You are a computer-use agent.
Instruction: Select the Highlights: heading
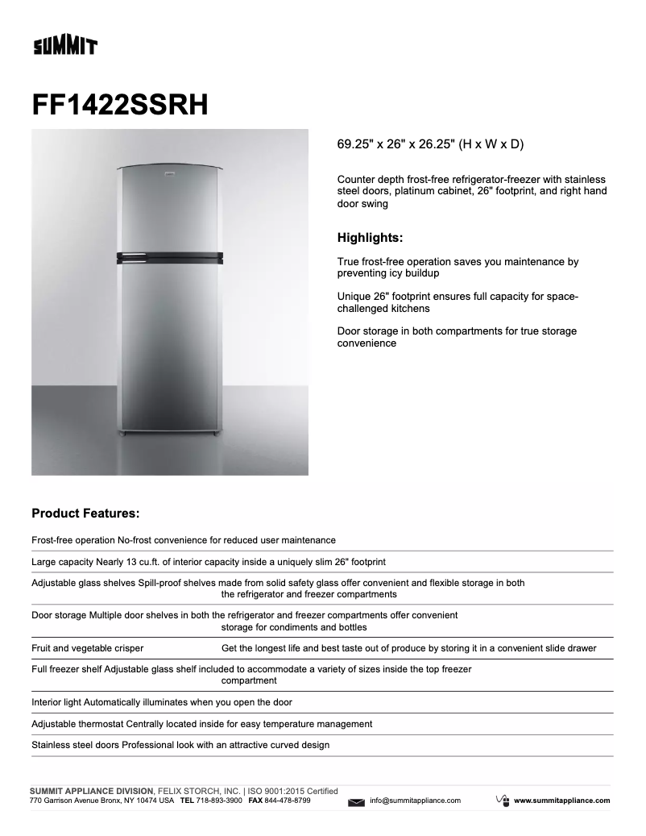click(x=370, y=238)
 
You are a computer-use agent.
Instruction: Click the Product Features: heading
click(x=85, y=513)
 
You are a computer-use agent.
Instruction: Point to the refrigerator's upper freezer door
click(x=170, y=211)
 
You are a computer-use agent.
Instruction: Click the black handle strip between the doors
click(x=170, y=257)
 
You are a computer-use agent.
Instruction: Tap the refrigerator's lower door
click(x=170, y=347)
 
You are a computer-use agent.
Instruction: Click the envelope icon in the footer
click(x=357, y=801)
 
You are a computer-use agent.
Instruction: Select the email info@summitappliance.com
click(x=415, y=801)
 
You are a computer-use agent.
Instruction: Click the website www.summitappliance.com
click(x=561, y=801)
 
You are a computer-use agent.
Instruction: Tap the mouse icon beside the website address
click(x=501, y=800)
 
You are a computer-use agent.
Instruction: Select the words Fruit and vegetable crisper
click(x=88, y=648)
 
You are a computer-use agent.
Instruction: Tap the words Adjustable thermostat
click(x=77, y=724)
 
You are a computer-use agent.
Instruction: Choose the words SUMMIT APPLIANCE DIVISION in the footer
click(x=90, y=791)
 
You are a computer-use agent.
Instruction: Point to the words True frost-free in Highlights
click(x=373, y=262)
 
